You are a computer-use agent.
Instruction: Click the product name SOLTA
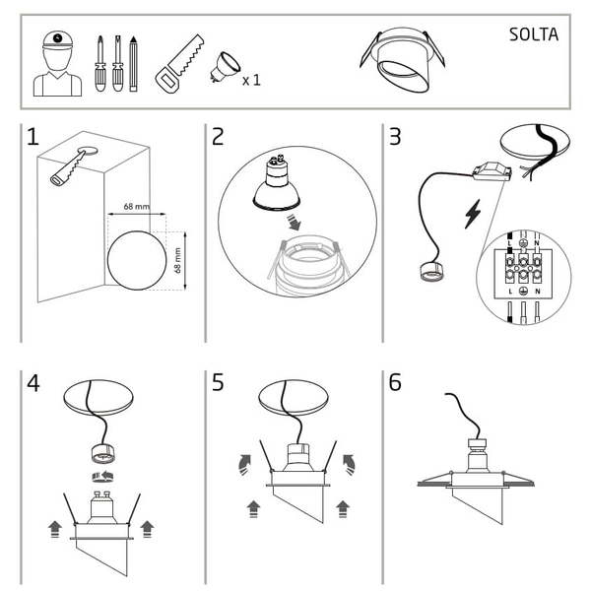534,34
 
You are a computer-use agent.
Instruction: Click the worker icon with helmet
58,64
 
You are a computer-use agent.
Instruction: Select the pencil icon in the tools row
133,63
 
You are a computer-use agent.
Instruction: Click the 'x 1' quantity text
251,79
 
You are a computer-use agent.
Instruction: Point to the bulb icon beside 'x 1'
224,66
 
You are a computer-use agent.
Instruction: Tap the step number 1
33,137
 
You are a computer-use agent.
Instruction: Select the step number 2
218,137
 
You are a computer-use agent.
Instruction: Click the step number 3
395,137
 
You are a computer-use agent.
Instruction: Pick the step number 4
33,382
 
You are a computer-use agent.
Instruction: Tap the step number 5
218,382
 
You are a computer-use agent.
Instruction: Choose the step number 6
395,382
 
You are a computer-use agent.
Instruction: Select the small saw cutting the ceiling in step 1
67,166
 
